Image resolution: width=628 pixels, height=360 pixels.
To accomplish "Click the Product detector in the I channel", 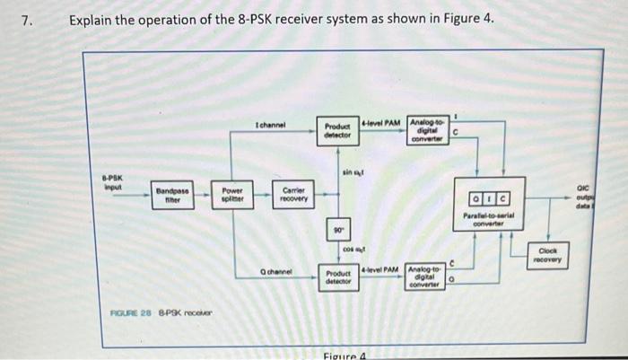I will (337, 129).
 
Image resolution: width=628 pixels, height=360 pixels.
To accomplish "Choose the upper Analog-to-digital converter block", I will (428, 129).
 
